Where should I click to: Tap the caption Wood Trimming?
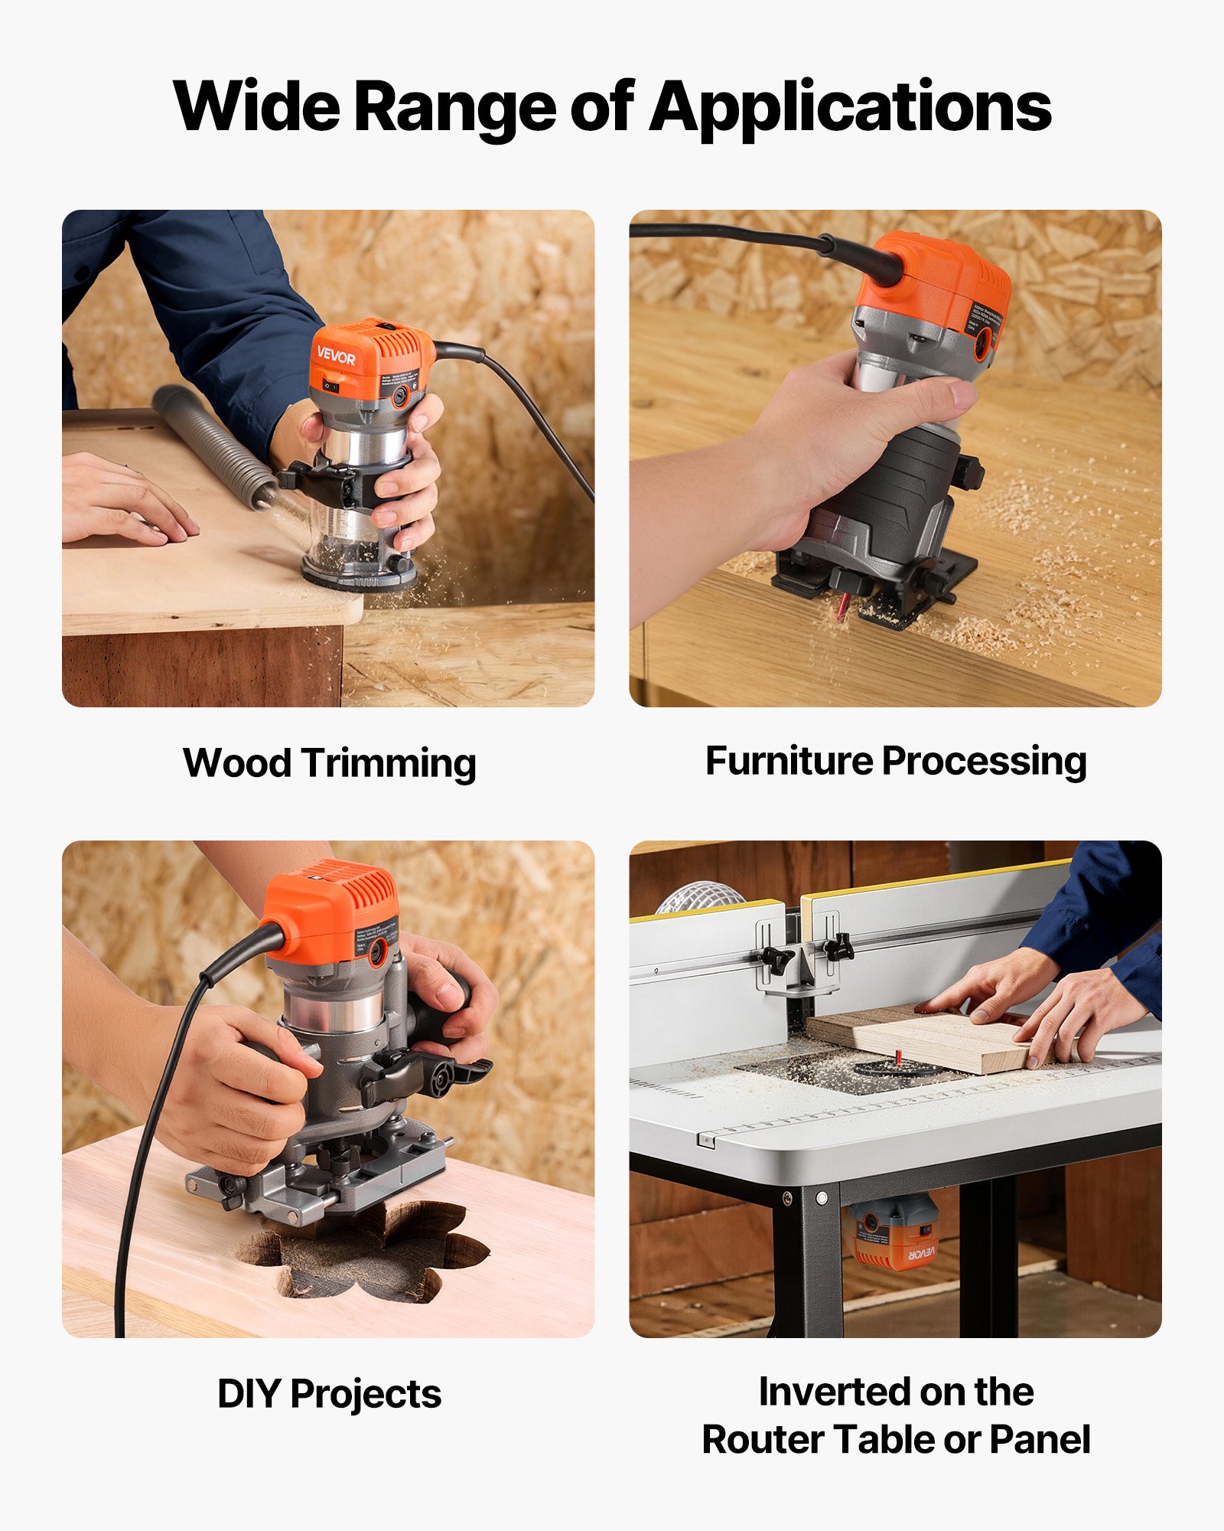pyautogui.click(x=329, y=763)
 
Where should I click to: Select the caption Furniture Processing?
pyautogui.click(x=895, y=762)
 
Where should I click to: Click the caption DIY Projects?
pyautogui.click(x=329, y=1394)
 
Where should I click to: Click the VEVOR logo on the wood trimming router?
pyautogui.click(x=336, y=357)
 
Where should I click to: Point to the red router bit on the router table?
pyautogui.click(x=898, y=1057)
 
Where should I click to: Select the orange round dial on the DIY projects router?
pyautogui.click(x=377, y=952)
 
